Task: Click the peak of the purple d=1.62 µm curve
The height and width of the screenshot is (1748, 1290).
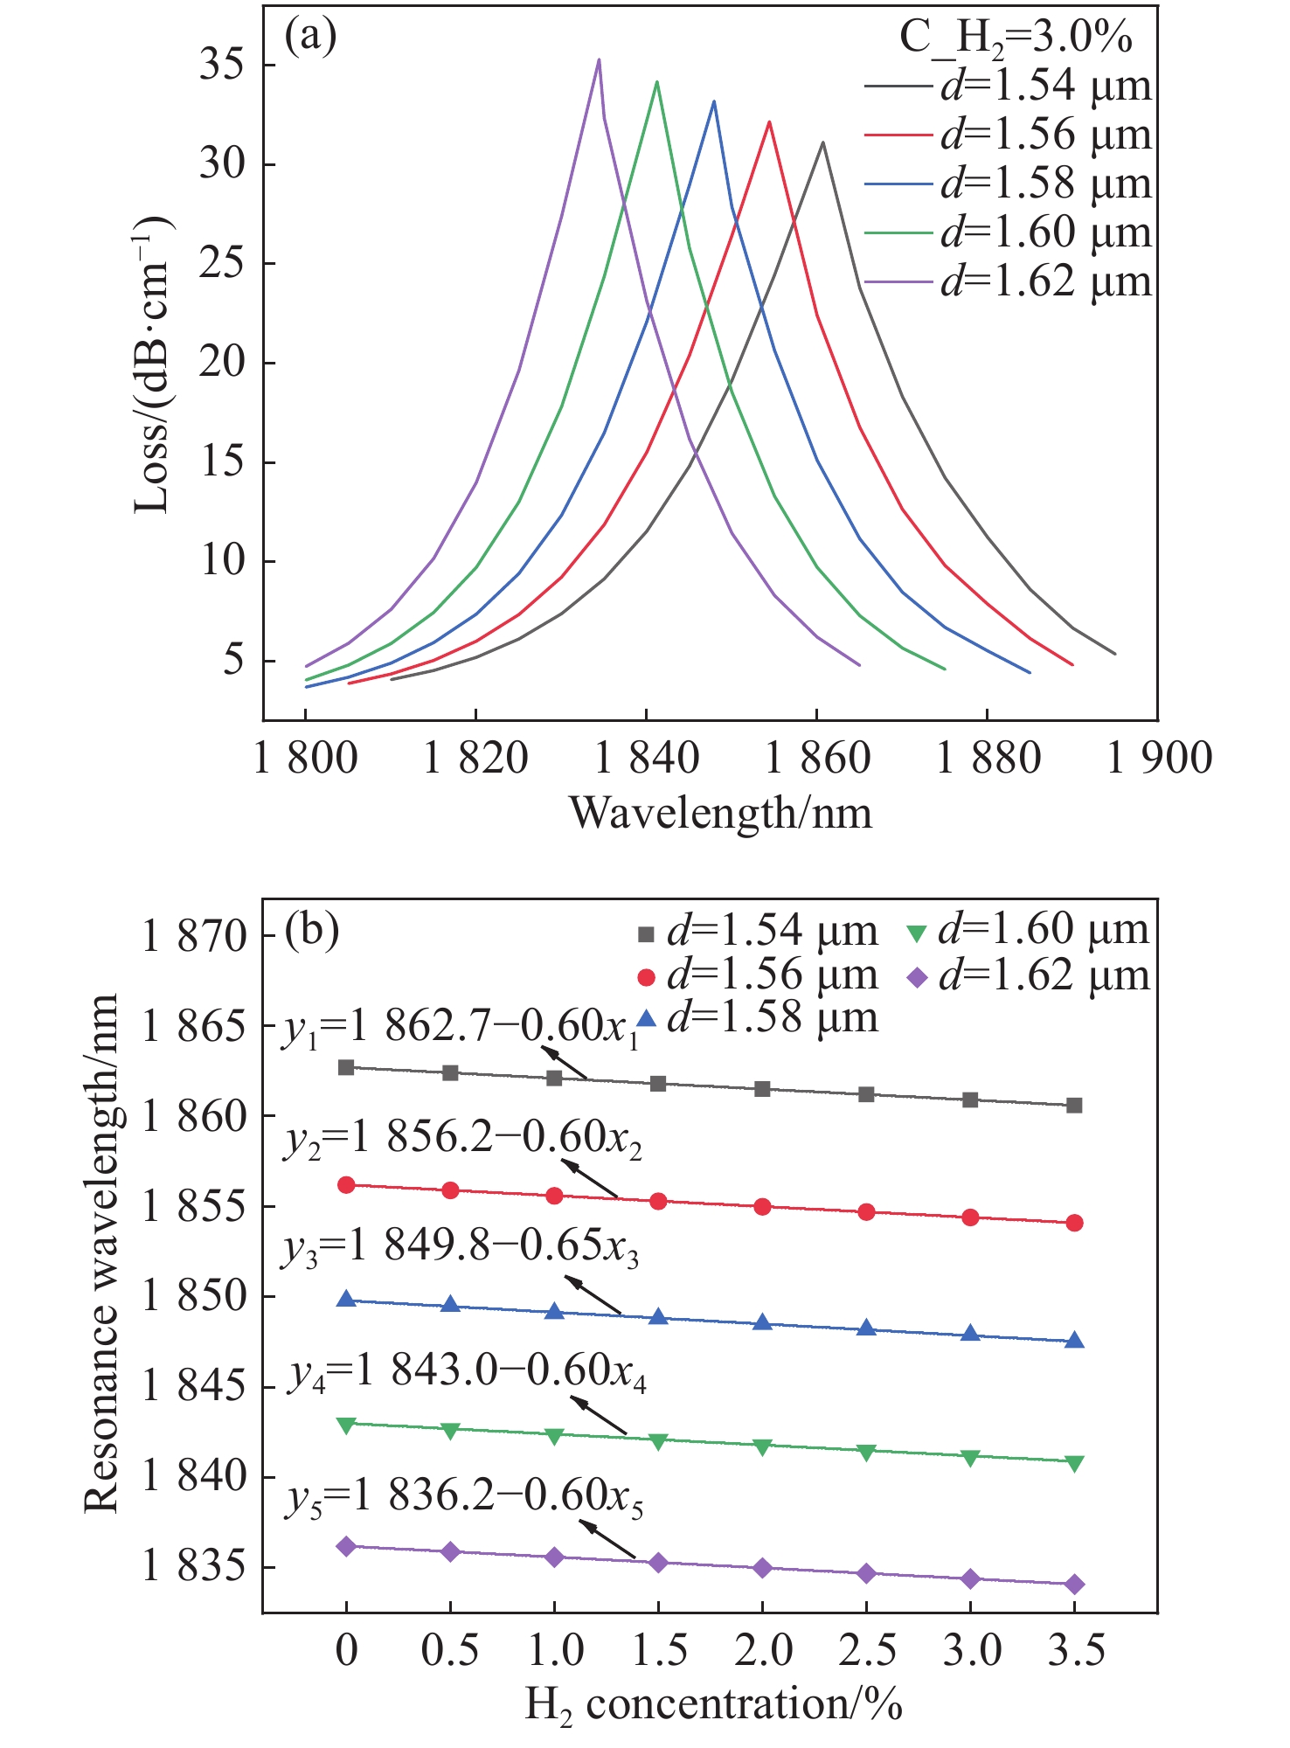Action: click(x=599, y=59)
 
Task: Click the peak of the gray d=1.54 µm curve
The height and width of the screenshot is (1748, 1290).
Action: click(x=822, y=142)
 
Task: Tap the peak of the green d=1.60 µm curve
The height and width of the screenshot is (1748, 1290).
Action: click(x=656, y=82)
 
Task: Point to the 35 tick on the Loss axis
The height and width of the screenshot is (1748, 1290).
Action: click(x=223, y=66)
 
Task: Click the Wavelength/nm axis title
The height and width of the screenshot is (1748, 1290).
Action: click(x=721, y=814)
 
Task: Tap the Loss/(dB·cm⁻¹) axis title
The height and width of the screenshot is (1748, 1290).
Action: click(x=153, y=367)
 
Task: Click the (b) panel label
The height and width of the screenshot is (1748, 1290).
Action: click(x=312, y=932)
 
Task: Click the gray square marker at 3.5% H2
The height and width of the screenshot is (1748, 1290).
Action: click(x=1075, y=1106)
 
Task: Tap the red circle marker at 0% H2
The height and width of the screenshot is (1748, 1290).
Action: click(x=346, y=1185)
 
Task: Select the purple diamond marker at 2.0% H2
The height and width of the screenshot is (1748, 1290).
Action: click(x=762, y=1568)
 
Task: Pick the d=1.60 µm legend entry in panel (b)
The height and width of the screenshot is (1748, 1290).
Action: click(x=1026, y=932)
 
